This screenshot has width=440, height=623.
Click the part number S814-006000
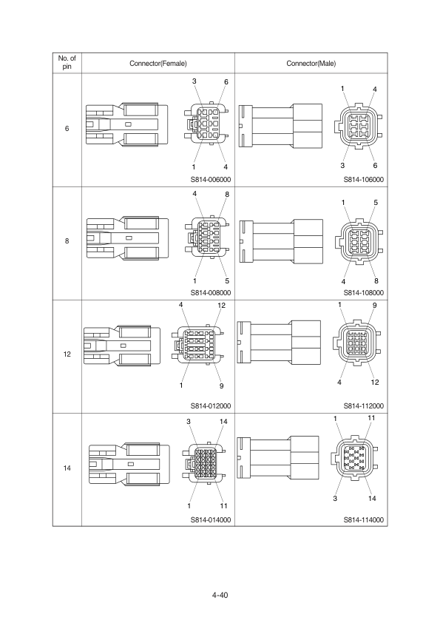(211, 179)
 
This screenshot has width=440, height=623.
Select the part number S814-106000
(364, 179)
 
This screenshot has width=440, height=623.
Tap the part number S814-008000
(211, 292)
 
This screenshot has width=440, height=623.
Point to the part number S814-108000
(364, 292)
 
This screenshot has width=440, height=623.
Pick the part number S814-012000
(211, 405)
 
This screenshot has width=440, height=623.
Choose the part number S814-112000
(364, 405)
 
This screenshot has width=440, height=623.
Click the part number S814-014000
(211, 519)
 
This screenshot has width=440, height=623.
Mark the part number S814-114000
(364, 519)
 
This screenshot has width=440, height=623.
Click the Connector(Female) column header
(158, 64)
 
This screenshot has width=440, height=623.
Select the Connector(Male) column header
(311, 64)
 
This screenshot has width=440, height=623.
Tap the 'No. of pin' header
(67, 62)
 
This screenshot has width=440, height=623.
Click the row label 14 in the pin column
(67, 468)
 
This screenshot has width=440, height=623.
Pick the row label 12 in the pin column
(67, 354)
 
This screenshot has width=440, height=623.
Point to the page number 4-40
(220, 595)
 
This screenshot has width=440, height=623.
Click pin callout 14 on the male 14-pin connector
(372, 498)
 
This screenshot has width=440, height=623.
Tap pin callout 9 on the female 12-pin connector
(222, 385)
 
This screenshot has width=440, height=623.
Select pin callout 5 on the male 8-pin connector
(376, 202)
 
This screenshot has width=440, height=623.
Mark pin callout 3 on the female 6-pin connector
(194, 81)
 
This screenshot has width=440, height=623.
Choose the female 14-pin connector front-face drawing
(204, 463)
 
